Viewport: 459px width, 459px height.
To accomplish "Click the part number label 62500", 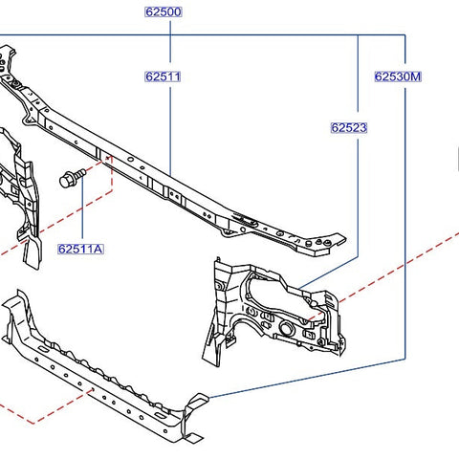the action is point(164,11).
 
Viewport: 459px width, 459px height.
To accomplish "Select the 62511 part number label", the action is point(163,76).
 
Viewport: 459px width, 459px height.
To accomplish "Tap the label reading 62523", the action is point(349,127).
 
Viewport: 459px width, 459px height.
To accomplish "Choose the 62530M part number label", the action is point(398,76).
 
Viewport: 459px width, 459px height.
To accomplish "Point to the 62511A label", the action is point(80,249).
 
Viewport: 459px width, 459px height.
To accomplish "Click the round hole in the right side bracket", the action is point(286,328).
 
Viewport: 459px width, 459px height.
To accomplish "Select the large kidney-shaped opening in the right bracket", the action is point(280,295).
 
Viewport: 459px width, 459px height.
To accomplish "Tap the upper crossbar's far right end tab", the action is point(337,240).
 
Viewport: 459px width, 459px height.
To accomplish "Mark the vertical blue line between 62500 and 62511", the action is point(170,41).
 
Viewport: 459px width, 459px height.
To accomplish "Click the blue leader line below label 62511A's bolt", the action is point(82,208).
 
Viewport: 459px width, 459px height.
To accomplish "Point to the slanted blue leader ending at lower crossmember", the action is point(307,379).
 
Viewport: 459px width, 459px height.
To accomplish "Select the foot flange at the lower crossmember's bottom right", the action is point(192,438).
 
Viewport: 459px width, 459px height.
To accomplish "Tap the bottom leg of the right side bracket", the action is point(211,347).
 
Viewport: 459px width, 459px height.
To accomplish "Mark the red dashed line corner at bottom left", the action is point(33,424).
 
